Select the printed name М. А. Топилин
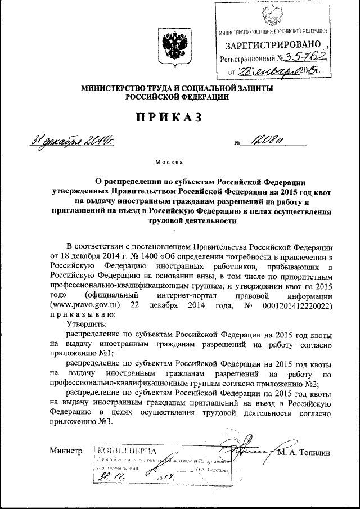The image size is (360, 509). pyautogui.click(x=307, y=452)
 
